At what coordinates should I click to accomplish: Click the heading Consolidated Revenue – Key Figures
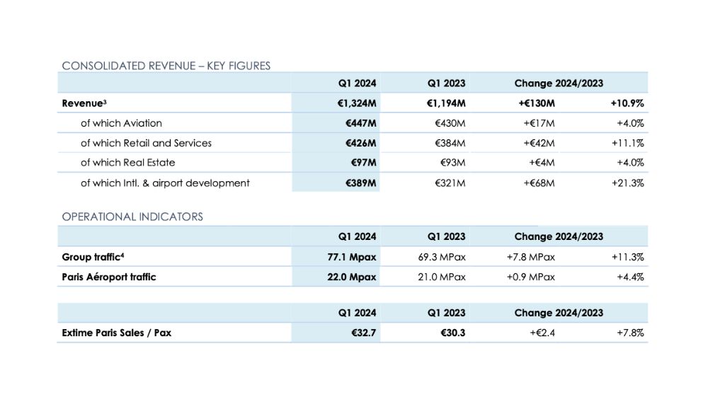[x=166, y=66]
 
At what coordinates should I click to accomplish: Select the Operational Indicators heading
[x=132, y=217]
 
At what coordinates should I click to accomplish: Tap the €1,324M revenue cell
[x=357, y=103]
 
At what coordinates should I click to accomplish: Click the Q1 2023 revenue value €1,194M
[x=446, y=103]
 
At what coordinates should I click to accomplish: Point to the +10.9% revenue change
[x=627, y=103]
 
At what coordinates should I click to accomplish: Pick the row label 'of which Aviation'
[x=121, y=123]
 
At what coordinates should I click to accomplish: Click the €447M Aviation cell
[x=361, y=123]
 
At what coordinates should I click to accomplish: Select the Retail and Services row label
[x=146, y=143]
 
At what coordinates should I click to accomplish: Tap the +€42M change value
[x=539, y=143]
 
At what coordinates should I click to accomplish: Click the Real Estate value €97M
[x=363, y=162]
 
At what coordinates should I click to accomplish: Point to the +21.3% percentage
[x=627, y=183]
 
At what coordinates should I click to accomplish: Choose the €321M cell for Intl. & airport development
[x=450, y=183]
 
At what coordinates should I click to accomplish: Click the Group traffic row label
[x=93, y=257]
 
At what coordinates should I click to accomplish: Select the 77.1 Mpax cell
[x=352, y=257]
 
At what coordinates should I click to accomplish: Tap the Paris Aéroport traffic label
[x=109, y=277]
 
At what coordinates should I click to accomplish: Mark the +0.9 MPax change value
[x=530, y=277]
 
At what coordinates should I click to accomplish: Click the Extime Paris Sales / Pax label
[x=117, y=333]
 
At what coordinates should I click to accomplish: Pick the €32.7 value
[x=363, y=333]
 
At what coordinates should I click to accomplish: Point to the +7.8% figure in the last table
[x=630, y=333]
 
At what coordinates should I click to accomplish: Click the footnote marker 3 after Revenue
[x=105, y=101]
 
